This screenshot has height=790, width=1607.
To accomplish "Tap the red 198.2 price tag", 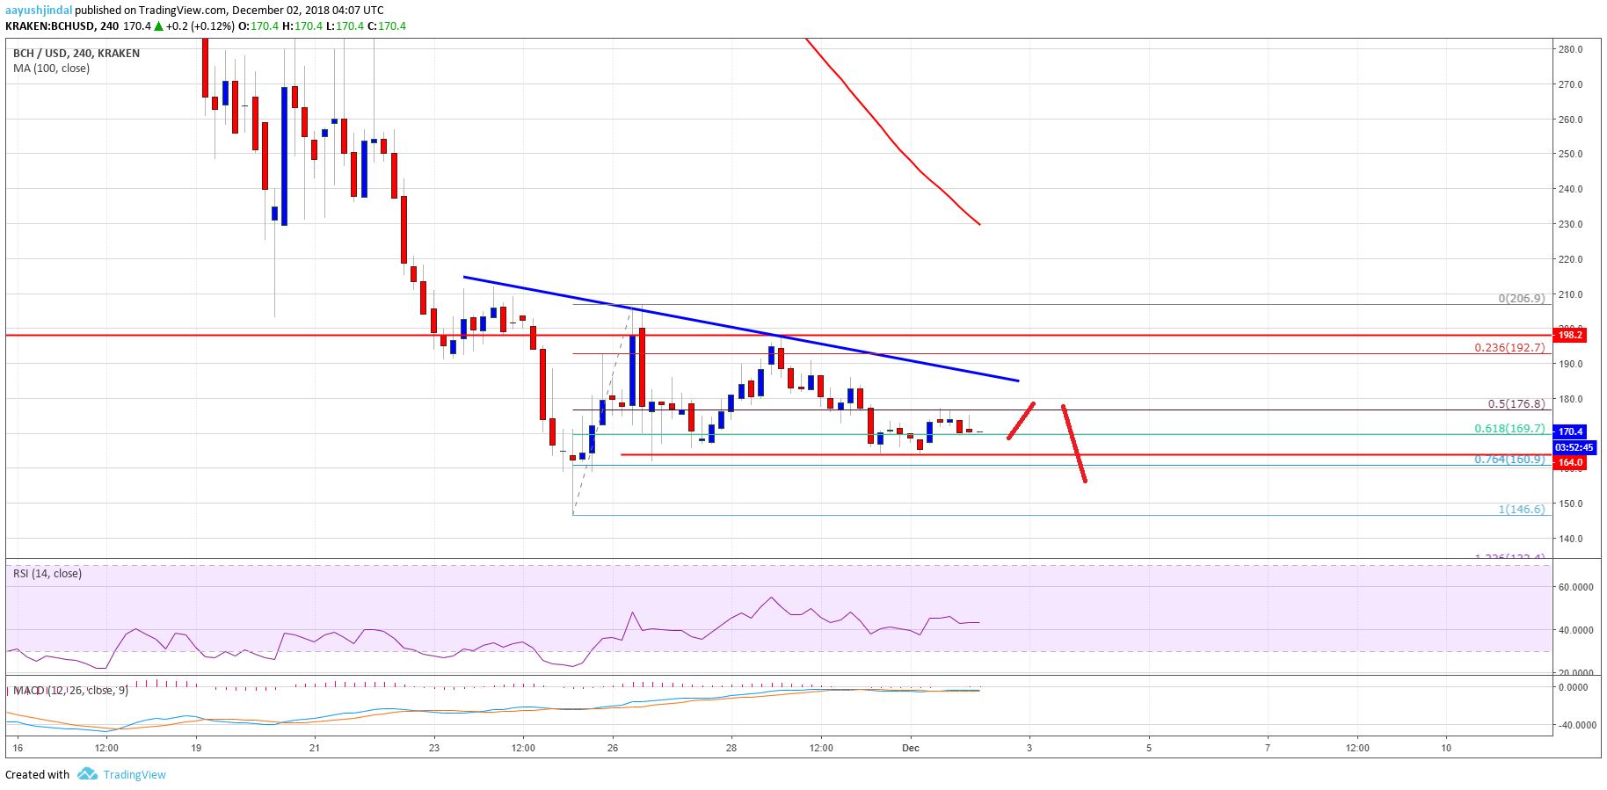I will tap(1570, 335).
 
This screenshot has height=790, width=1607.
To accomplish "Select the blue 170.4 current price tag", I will tap(1570, 431).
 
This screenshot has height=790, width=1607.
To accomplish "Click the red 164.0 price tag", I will tap(1570, 462).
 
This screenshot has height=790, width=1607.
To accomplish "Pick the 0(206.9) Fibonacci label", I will tap(1521, 299).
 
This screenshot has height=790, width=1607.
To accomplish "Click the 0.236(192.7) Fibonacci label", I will tap(1509, 348).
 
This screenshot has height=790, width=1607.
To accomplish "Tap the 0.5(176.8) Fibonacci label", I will tap(1516, 404).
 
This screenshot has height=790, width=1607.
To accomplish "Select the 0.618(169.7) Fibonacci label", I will tap(1509, 429).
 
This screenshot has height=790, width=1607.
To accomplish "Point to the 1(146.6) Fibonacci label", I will tap(1521, 510).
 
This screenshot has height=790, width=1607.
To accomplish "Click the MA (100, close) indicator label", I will tap(51, 69).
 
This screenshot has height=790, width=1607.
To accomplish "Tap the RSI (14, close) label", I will tap(47, 574).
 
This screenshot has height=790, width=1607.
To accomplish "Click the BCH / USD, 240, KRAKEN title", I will tap(76, 54).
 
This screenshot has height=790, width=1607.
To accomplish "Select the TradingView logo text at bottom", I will tap(134, 775).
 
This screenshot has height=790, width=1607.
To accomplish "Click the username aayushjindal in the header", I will tap(39, 11).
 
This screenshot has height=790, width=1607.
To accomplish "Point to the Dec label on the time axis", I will tap(911, 749).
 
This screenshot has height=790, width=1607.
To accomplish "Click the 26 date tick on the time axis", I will tap(613, 749).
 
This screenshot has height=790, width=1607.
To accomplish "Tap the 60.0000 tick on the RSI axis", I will tap(1575, 587).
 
